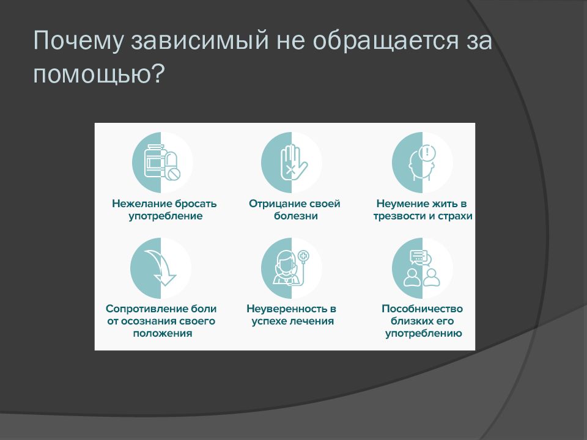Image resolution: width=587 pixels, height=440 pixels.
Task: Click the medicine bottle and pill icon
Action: pos(162,163)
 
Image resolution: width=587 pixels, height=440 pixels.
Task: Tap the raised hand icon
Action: pos(292,163)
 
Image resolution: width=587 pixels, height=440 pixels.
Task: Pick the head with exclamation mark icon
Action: pos(423,163)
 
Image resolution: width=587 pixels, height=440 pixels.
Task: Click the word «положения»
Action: pos(161,334)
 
